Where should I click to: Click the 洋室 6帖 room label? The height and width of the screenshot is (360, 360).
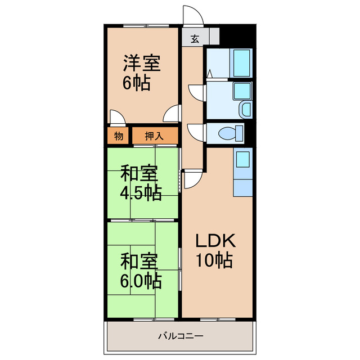point(141,73)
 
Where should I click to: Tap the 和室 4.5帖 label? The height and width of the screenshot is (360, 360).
point(141,182)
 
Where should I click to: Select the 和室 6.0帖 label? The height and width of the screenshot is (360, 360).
point(141,271)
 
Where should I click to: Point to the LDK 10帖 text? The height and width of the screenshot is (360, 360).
point(215,250)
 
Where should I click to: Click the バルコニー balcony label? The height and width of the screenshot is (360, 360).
point(181,336)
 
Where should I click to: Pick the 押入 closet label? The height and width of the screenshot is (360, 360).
point(154,136)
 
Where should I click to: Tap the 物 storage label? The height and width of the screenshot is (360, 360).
point(119,136)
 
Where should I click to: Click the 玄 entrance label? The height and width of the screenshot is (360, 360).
point(195,39)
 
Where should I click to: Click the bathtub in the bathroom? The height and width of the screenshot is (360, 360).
point(241,62)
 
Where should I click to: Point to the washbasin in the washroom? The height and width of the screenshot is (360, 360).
point(246,110)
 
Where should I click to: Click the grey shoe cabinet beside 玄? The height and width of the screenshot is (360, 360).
point(214,36)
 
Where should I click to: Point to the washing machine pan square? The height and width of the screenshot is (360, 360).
point(242,91)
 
